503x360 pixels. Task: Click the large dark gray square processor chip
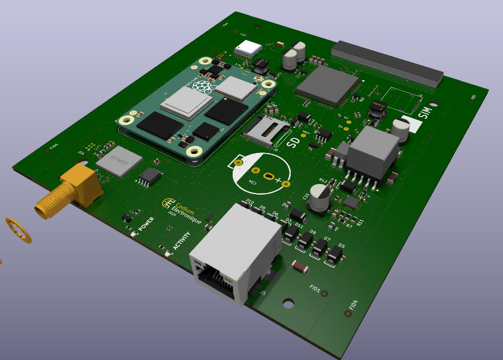click(327, 85)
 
